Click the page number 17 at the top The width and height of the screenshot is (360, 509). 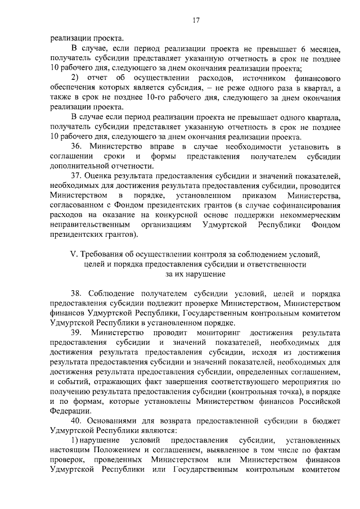(x=196, y=21)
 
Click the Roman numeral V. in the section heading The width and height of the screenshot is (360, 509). (x=74, y=254)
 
